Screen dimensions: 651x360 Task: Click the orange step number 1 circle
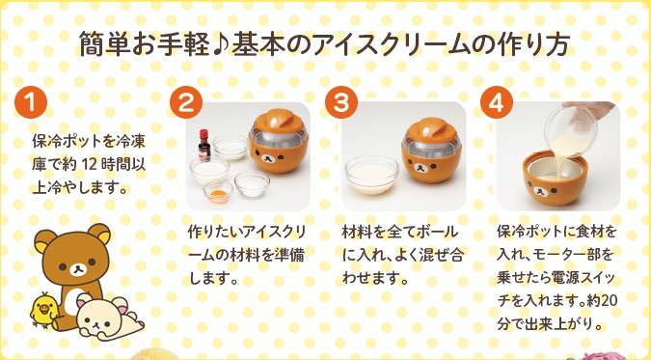tap(30, 102)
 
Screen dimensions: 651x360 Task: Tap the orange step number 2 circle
tap(186, 102)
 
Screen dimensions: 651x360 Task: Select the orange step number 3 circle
tap(341, 102)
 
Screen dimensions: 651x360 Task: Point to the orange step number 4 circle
tap(497, 102)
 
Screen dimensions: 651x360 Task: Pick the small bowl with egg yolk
tap(218, 192)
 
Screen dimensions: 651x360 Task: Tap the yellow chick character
tap(43, 311)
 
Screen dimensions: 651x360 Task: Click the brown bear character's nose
tap(77, 270)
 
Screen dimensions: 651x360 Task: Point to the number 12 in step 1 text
tap(90, 165)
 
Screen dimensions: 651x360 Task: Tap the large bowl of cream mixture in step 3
tap(372, 176)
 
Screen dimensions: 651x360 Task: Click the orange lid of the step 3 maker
tap(431, 130)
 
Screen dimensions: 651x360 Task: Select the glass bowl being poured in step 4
tap(571, 131)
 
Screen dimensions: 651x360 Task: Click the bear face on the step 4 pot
tap(540, 191)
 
